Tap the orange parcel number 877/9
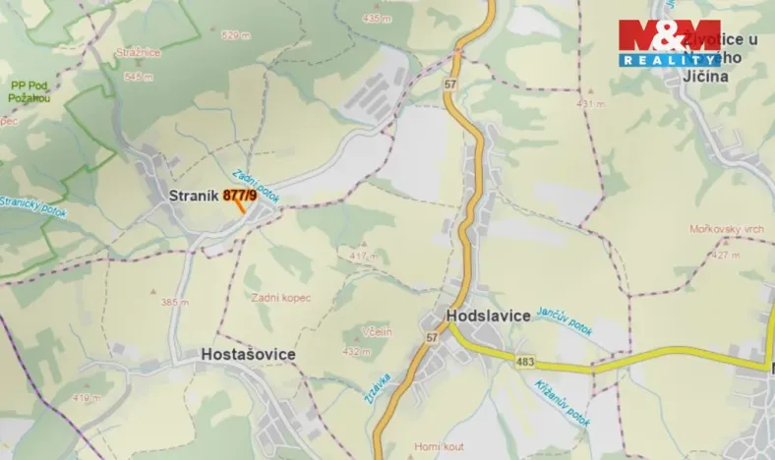240,196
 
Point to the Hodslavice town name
489,316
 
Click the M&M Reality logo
669,42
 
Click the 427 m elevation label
726,255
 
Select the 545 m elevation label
139,76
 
